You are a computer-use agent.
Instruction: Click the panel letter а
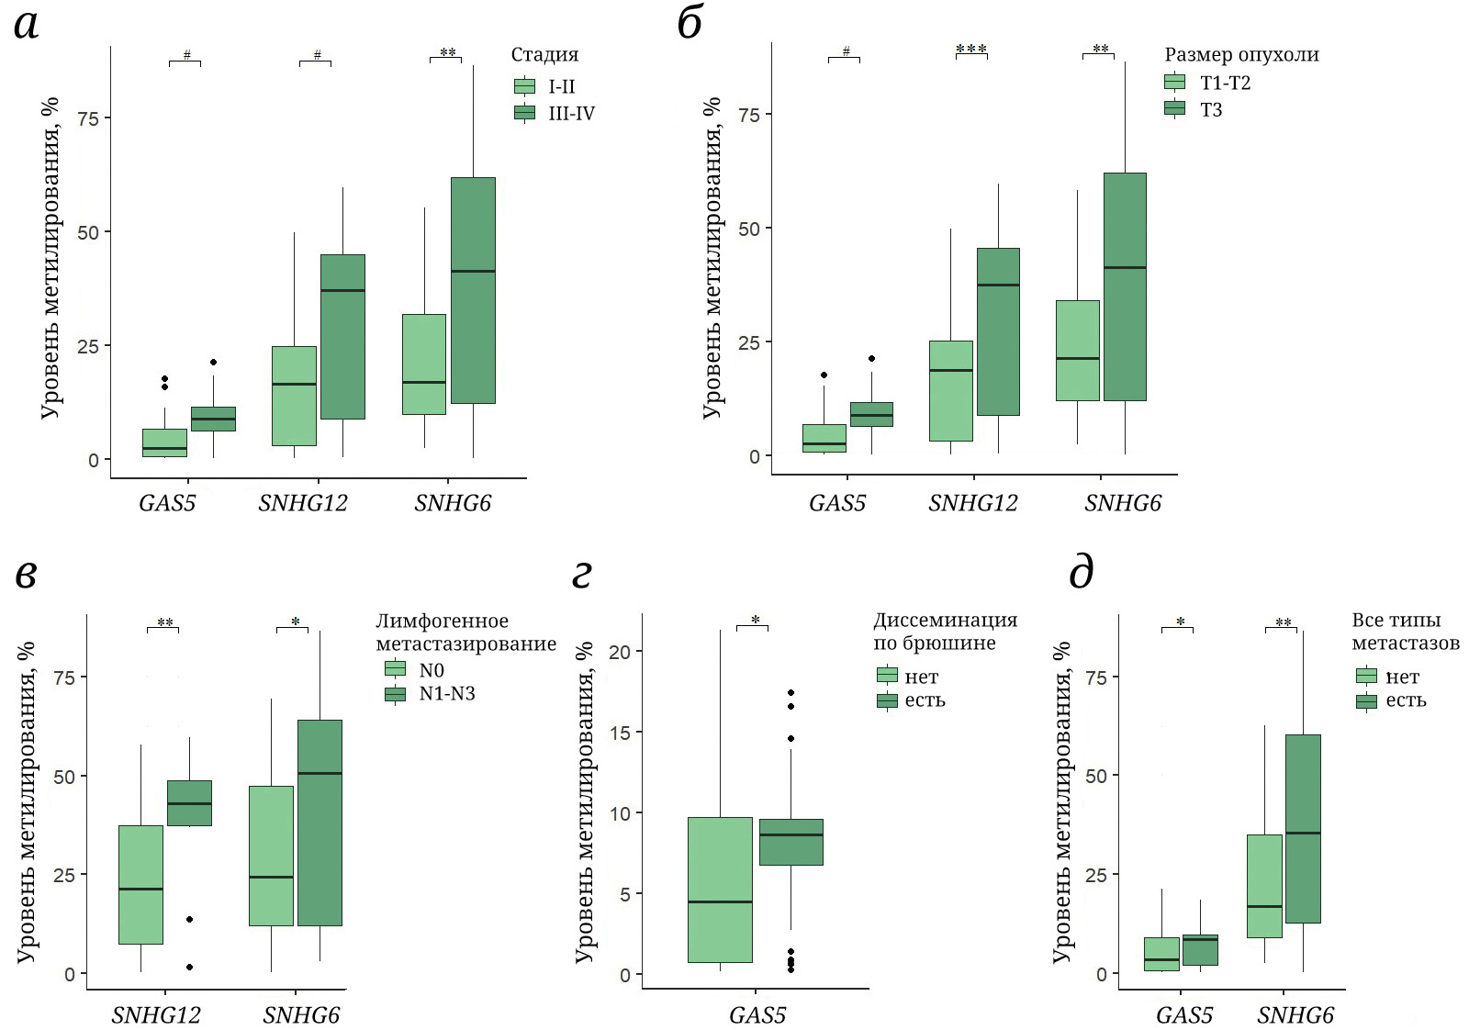point(27,25)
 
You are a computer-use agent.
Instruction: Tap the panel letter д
point(1082,573)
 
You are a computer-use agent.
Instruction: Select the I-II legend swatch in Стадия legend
point(524,86)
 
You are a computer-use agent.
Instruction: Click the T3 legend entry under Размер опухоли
point(1210,110)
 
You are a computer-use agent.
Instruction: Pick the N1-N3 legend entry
point(446,694)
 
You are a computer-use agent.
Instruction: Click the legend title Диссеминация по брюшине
point(945,632)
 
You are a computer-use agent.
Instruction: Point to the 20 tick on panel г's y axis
point(620,652)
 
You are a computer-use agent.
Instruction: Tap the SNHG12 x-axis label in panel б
point(972,503)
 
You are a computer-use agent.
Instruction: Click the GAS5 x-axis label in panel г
point(757,1015)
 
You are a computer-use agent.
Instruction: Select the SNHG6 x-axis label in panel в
point(301,1015)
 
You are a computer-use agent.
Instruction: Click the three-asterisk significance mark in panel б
point(971,50)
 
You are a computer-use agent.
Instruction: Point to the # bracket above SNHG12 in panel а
point(316,60)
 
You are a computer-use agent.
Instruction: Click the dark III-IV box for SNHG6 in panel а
point(473,290)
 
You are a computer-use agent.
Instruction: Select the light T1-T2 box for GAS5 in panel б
point(824,438)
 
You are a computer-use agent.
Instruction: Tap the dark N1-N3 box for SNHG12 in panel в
point(189,803)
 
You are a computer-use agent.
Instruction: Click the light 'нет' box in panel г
point(720,890)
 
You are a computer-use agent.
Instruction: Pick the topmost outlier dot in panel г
point(791,693)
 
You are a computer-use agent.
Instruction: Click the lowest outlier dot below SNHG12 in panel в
point(189,967)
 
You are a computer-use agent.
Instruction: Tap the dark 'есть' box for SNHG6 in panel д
point(1303,828)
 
